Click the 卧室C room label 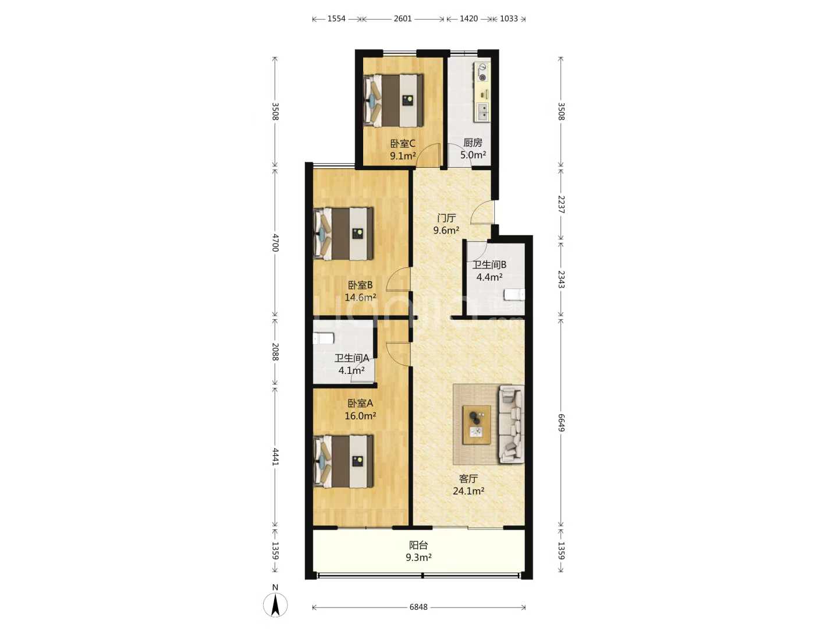point(402,144)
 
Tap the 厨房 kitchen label point(473,143)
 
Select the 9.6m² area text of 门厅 point(446,230)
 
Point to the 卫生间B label point(489,264)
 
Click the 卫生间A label point(351,358)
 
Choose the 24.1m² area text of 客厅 point(468,491)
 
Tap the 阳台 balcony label point(418,545)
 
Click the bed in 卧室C point(393,100)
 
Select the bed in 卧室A point(343,461)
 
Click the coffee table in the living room point(477,425)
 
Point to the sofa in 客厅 point(511,424)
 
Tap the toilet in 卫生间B point(514,295)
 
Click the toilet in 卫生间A point(324,338)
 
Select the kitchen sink point(482,112)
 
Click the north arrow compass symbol point(275,605)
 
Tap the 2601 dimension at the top point(403,18)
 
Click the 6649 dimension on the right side point(561,423)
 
